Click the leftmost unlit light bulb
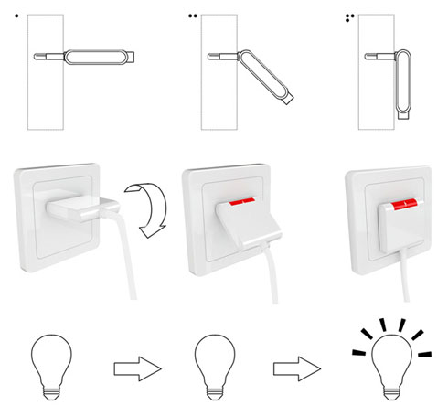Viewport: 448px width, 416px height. pos(53,365)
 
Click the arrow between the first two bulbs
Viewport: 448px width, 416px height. pos(135,368)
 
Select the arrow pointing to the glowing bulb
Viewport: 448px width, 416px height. pos(296,368)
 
